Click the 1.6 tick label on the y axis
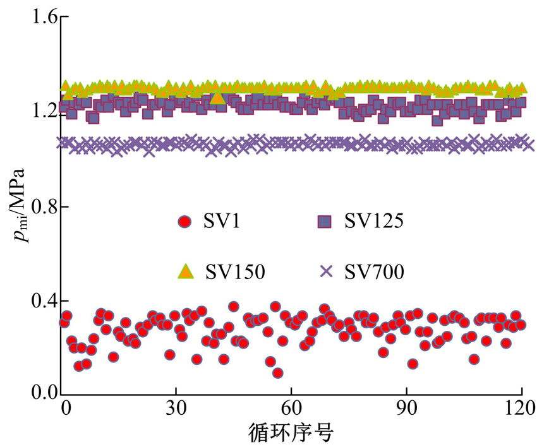pos(40,18)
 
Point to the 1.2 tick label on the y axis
pos(40,112)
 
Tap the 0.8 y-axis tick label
pos(40,206)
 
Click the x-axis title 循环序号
pos(292,432)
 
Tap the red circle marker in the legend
pos(184,222)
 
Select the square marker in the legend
pos(325,221)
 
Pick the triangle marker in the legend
pos(185,271)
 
